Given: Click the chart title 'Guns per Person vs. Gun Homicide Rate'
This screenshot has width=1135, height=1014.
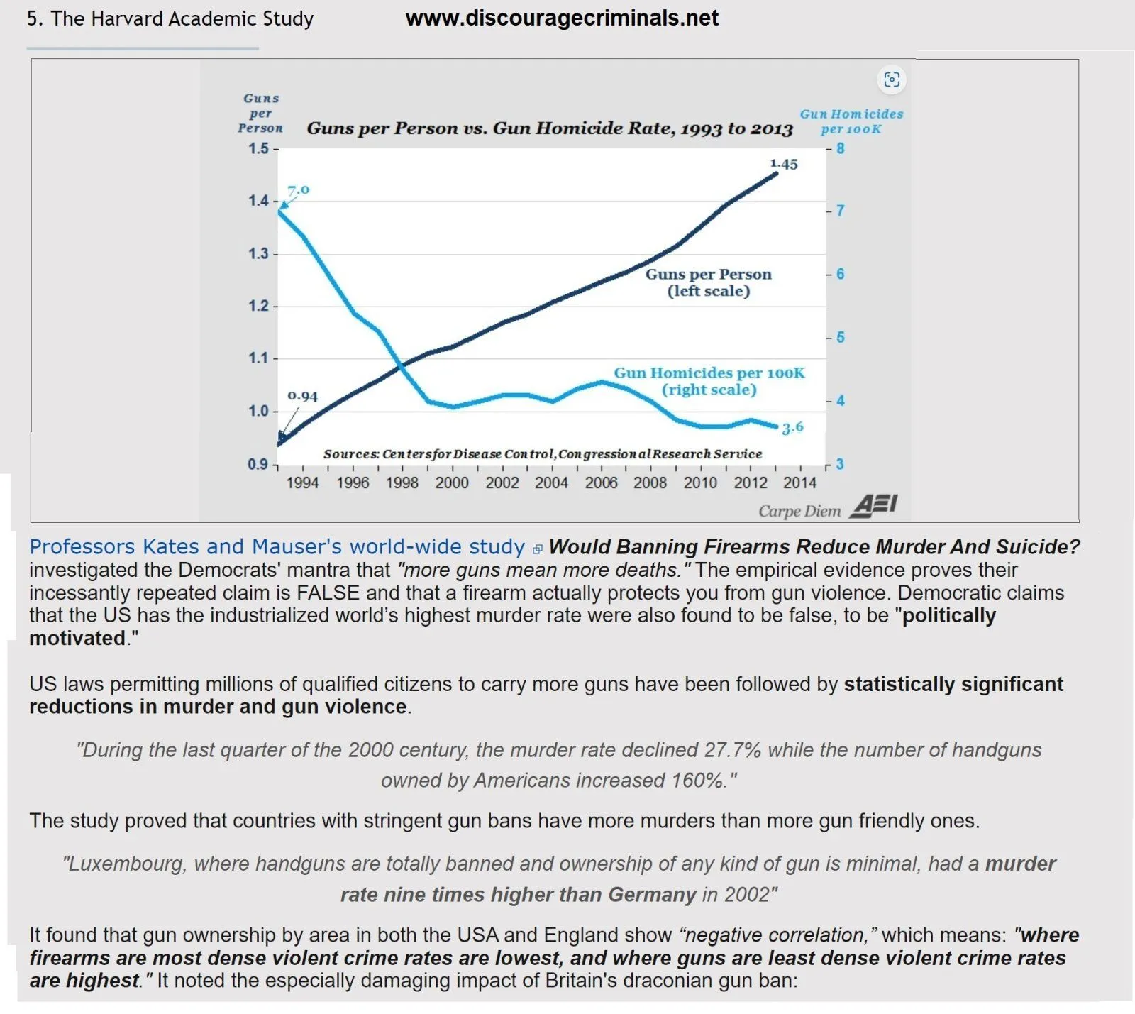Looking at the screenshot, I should click(x=549, y=128).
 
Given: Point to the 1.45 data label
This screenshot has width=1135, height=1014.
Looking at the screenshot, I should click(x=784, y=164).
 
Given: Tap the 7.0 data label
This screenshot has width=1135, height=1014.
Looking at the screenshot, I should click(x=299, y=190).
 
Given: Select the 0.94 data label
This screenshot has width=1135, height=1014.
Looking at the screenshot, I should click(x=302, y=397).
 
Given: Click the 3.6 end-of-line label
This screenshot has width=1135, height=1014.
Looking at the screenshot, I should click(x=793, y=427).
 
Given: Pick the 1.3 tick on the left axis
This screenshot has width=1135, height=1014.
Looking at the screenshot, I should click(x=259, y=253).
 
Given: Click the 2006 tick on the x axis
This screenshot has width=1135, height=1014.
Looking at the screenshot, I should click(x=601, y=483).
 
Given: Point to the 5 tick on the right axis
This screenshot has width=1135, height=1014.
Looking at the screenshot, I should click(x=840, y=337).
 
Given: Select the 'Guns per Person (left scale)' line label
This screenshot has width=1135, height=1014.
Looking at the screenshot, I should click(x=708, y=282).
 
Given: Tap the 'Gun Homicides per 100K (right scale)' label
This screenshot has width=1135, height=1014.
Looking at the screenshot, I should click(x=709, y=381).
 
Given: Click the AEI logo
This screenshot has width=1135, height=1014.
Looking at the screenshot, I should click(x=873, y=506).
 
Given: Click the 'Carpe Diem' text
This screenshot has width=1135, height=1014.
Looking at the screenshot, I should click(x=799, y=511).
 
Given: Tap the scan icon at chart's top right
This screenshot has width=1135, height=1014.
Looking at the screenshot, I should click(x=892, y=79).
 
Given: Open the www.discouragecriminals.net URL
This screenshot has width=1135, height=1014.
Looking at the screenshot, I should click(x=562, y=18).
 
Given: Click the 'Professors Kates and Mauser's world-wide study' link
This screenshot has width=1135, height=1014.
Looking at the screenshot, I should click(x=277, y=547).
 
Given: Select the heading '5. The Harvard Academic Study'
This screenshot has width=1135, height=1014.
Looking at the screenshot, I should click(x=170, y=18).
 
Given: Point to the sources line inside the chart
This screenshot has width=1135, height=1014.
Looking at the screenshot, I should click(x=543, y=454).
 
